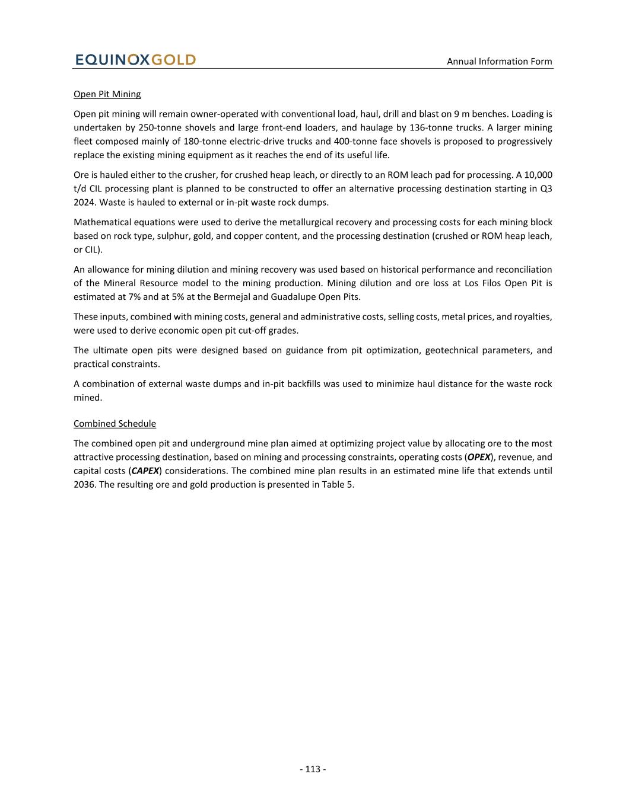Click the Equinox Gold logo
(x=135, y=60)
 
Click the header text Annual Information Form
(x=499, y=61)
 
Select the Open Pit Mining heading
(x=107, y=94)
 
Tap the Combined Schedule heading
(x=115, y=424)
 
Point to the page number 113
(x=313, y=769)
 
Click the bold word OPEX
(x=479, y=457)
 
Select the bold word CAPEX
(x=145, y=471)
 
